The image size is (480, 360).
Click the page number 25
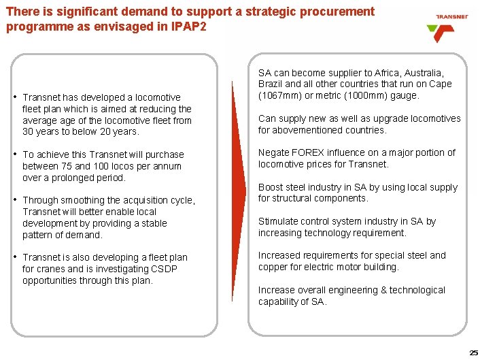tap(473, 352)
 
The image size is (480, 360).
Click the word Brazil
tap(271, 84)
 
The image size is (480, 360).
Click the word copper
tap(273, 267)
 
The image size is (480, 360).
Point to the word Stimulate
tap(279, 221)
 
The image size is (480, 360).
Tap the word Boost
tap(271, 187)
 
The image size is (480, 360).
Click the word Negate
tap(274, 152)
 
